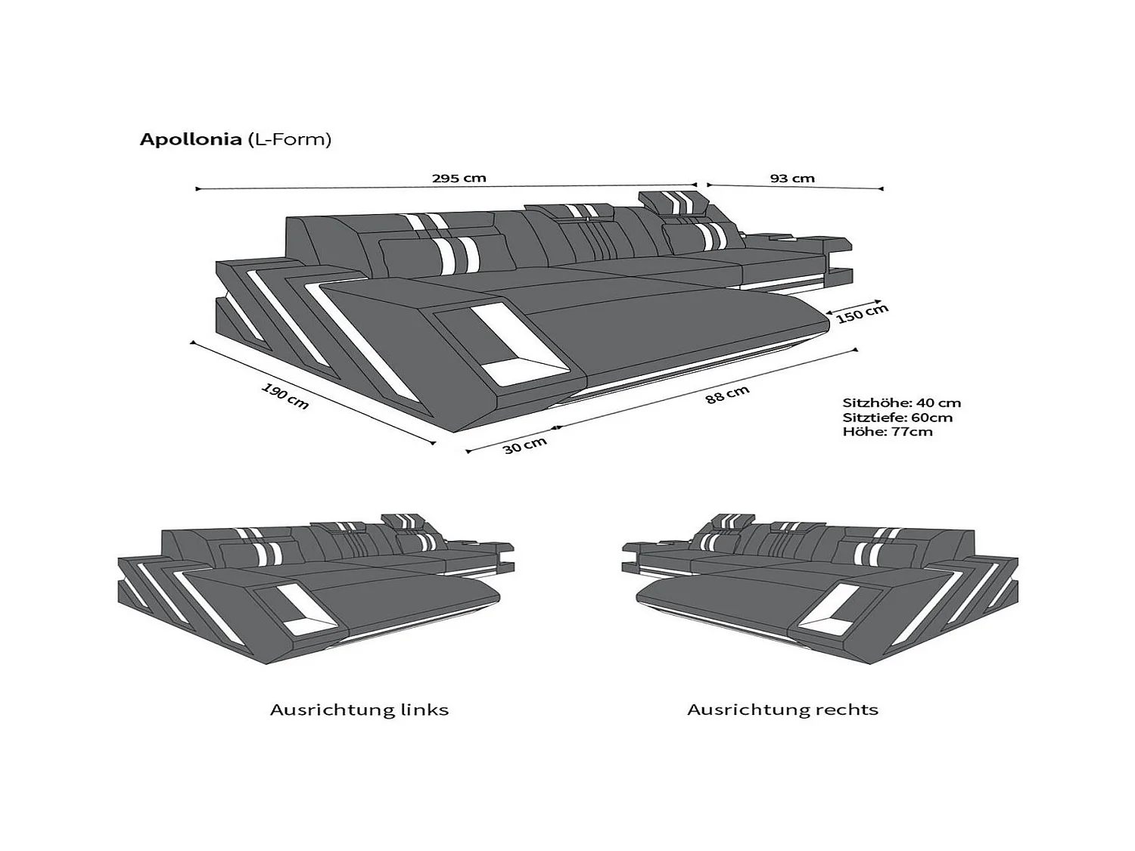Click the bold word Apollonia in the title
190,140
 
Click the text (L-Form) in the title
288,140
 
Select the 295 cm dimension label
459,179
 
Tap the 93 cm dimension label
792,179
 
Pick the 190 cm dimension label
285,396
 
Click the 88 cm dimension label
727,395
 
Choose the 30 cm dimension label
525,446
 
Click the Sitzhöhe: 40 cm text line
902,403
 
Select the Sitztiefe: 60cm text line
897,418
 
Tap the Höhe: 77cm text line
888,431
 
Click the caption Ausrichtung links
359,710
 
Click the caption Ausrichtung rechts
783,710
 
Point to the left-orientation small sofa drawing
316,589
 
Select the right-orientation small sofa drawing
821,589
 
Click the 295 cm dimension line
446,187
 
